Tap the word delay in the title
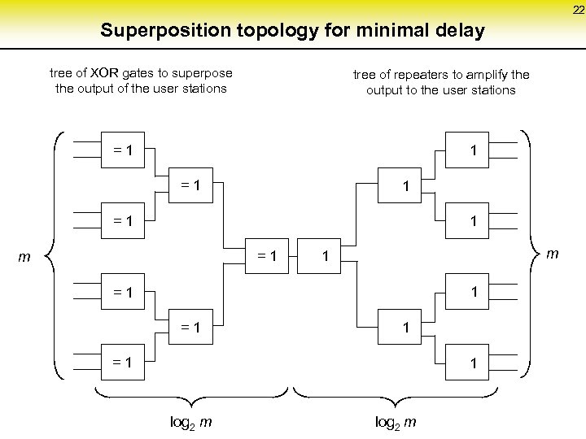(x=460, y=32)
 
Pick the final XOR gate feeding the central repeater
(x=266, y=256)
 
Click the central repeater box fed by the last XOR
(x=324, y=256)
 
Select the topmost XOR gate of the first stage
(x=125, y=150)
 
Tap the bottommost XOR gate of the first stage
(x=125, y=363)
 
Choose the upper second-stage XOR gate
(x=191, y=185)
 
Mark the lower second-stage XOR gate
(x=191, y=328)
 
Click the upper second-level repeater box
(x=405, y=186)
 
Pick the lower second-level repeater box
(x=405, y=328)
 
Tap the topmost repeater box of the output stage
(x=472, y=150)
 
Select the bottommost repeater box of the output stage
(x=472, y=363)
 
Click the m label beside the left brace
(x=25, y=258)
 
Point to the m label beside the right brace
(x=553, y=254)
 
